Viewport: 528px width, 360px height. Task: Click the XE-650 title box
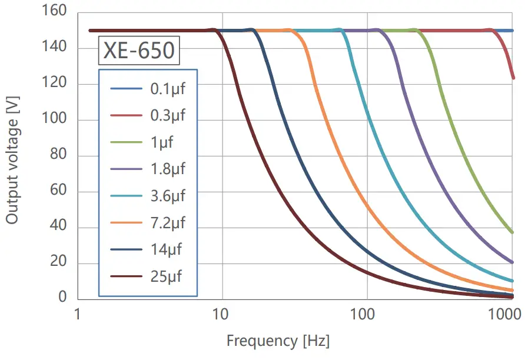[139, 51]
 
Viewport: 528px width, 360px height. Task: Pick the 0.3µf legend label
[168, 115]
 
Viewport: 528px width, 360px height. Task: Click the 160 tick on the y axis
[54, 12]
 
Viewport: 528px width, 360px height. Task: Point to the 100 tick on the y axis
[54, 120]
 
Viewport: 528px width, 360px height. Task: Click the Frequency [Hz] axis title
[278, 341]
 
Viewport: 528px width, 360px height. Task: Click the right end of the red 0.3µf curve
[513, 77]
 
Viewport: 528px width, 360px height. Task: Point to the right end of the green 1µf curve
[512, 232]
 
